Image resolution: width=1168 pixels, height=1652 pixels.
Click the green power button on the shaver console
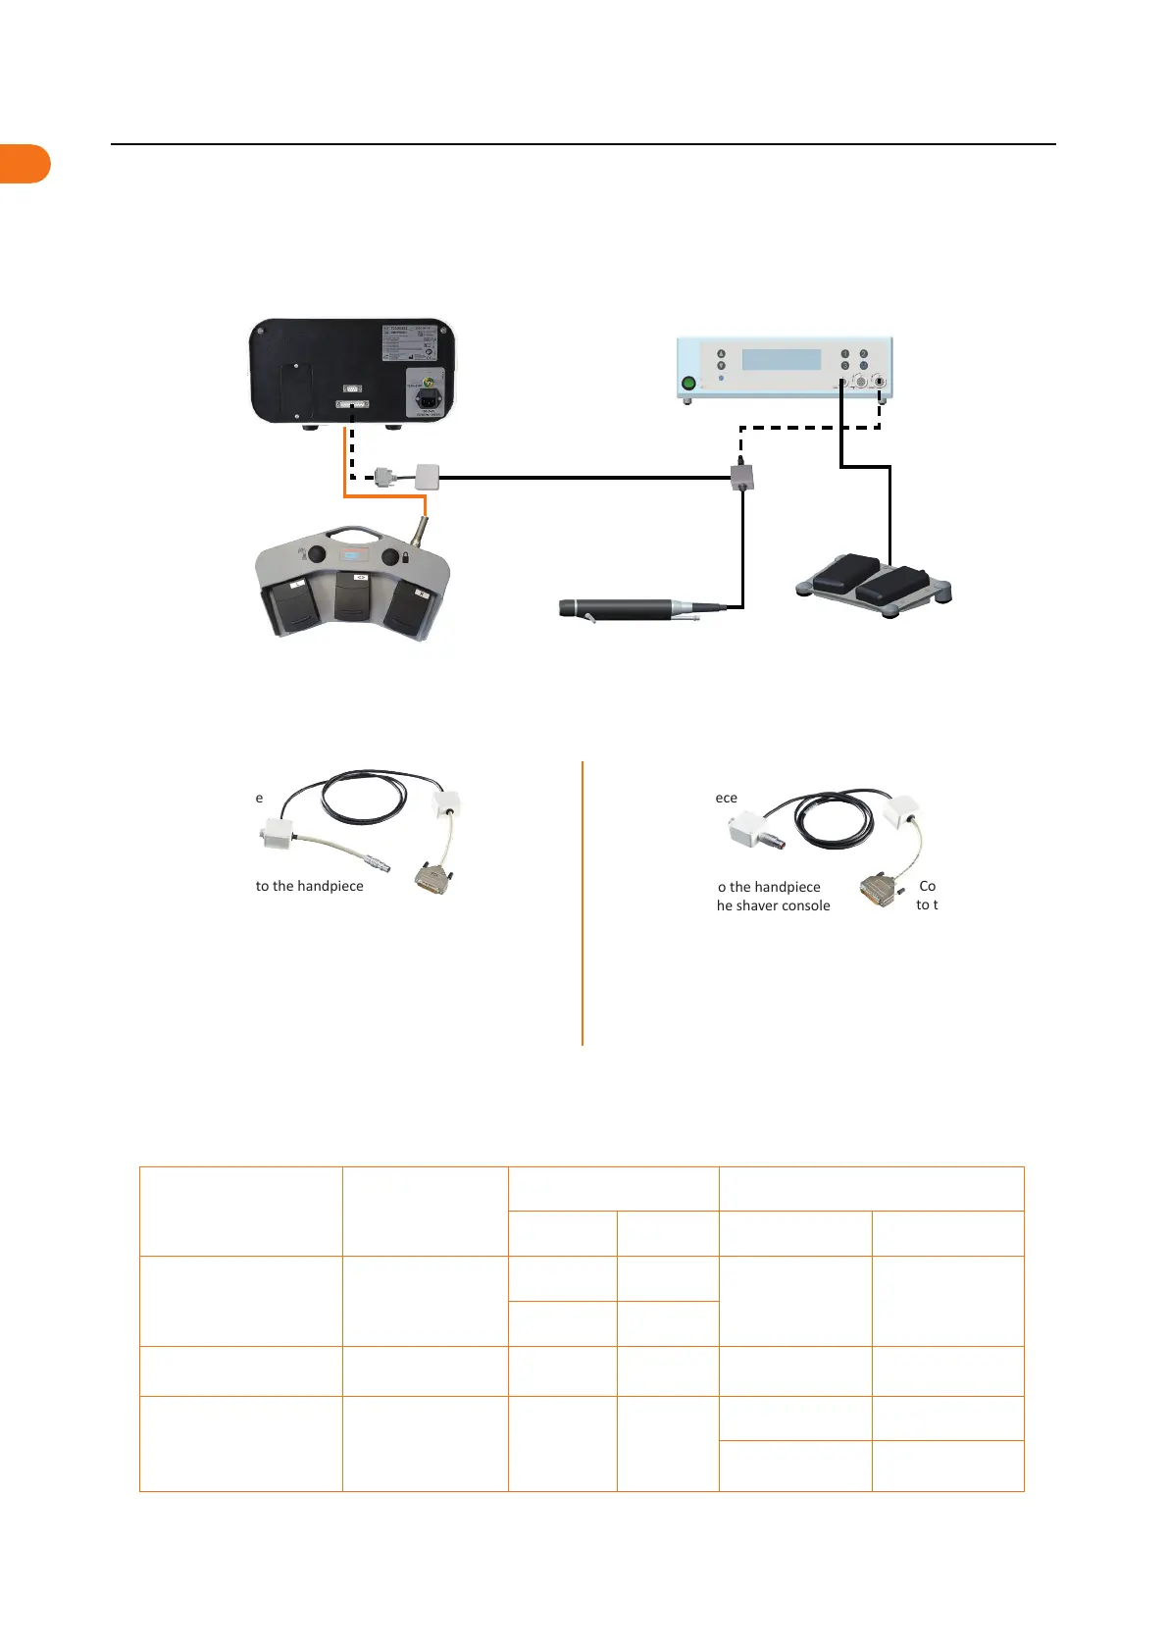pyautogui.click(x=688, y=384)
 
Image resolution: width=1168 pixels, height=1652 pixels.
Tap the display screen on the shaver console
pyautogui.click(x=781, y=359)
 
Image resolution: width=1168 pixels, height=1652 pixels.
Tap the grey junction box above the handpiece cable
pyautogui.click(x=742, y=478)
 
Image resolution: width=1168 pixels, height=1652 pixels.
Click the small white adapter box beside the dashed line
pyautogui.click(x=428, y=477)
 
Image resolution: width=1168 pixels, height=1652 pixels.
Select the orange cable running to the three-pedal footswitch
pyautogui.click(x=346, y=471)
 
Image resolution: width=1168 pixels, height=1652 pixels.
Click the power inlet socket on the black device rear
pyautogui.click(x=429, y=400)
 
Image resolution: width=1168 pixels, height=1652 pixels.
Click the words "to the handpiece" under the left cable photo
pyautogui.click(x=309, y=886)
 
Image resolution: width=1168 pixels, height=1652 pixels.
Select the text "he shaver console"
pyautogui.click(x=773, y=905)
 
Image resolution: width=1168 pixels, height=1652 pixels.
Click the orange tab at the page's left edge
pyautogui.click(x=25, y=164)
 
